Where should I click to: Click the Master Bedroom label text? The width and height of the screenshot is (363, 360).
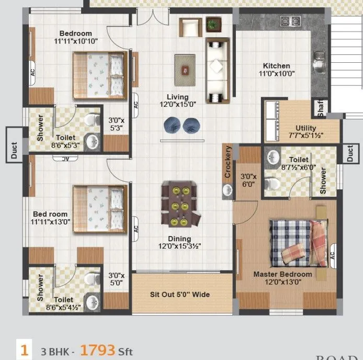[x=282, y=274]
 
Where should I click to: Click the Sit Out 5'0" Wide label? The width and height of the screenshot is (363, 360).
[x=180, y=295]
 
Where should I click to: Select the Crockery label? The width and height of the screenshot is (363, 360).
[x=228, y=163]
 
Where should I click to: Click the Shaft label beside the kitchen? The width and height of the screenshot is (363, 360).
[x=320, y=108]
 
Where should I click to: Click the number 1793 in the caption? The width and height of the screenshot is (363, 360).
[x=97, y=350]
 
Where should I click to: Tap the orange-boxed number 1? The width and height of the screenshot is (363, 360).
[x=24, y=349]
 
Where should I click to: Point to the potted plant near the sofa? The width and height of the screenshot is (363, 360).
[x=213, y=24]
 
